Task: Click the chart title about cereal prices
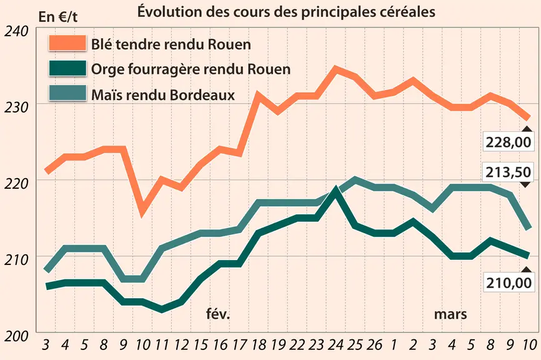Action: (286, 11)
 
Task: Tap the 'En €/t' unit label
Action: (57, 17)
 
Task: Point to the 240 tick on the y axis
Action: (16, 31)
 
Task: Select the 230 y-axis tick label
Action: (16, 107)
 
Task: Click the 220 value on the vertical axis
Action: (16, 184)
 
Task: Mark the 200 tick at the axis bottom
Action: (16, 336)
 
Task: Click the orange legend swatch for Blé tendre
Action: (67, 43)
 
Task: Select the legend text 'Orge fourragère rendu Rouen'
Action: (191, 69)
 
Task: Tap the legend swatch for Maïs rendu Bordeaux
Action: (67, 92)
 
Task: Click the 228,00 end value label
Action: (509, 142)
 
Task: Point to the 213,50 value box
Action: (509, 172)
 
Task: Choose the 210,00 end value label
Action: (509, 282)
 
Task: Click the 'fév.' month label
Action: (218, 314)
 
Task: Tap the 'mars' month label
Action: (450, 315)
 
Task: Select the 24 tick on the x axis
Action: (335, 344)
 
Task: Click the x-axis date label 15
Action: (201, 344)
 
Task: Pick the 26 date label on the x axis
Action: (374, 344)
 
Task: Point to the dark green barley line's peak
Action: (335, 190)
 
